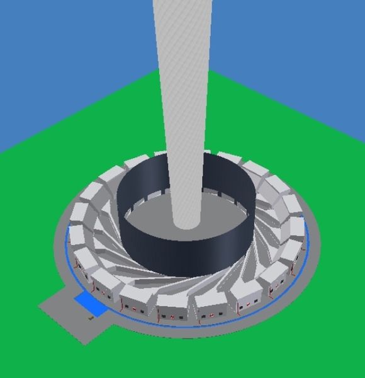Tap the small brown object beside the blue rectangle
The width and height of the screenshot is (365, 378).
(92, 319)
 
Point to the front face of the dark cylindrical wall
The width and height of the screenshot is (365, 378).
(182, 255)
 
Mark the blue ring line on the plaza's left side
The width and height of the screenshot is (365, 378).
(68, 255)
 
